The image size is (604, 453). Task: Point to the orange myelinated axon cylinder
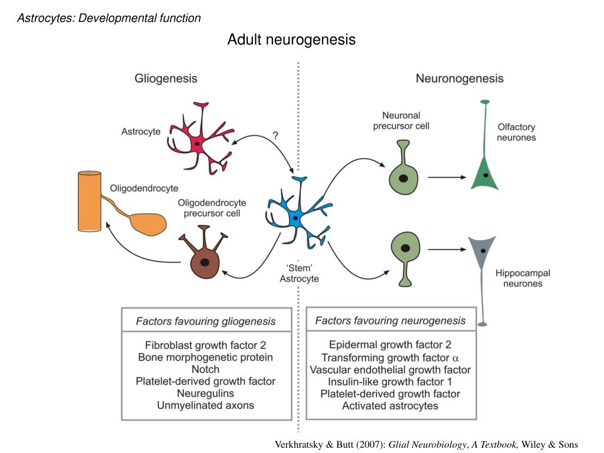click(90, 201)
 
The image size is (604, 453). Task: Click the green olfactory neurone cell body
click(485, 173)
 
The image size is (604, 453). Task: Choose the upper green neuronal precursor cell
click(403, 176)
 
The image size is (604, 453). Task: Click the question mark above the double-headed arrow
click(275, 136)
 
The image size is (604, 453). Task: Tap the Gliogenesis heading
click(166, 78)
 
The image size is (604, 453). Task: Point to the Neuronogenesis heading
click(459, 78)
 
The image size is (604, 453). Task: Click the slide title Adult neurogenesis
click(291, 40)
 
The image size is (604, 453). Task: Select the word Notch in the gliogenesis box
click(205, 369)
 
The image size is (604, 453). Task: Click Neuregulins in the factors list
click(205, 393)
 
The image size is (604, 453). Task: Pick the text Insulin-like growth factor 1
click(390, 382)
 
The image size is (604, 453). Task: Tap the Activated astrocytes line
click(390, 405)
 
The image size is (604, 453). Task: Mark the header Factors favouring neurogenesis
click(390, 321)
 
